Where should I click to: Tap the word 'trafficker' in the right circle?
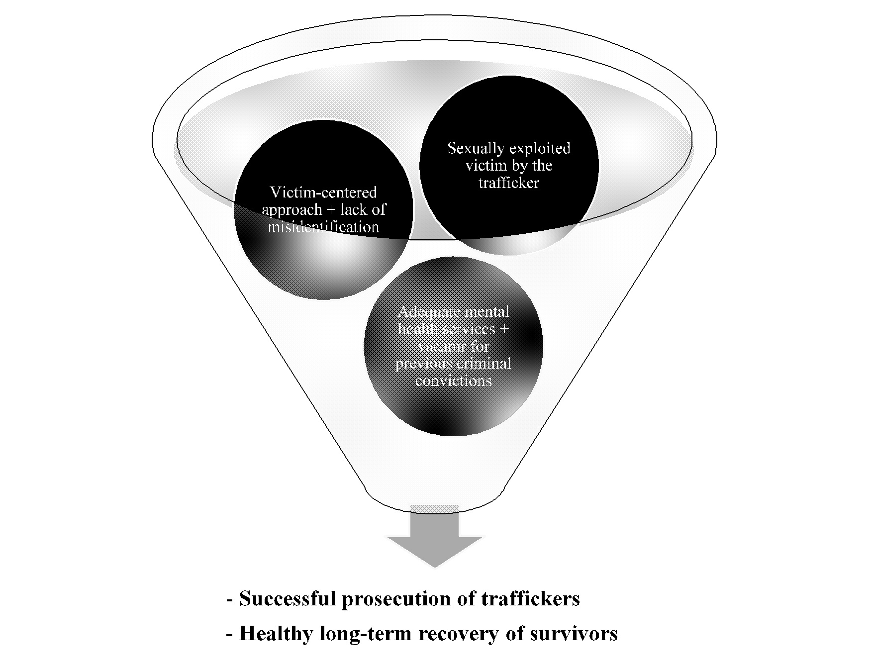coord(509,183)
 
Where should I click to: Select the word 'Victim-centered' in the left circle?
coord(323,192)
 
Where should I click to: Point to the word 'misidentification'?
coord(323,227)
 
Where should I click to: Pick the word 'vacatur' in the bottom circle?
coord(438,346)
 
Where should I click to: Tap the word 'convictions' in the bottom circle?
coord(453,381)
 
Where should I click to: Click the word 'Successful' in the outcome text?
coord(287,598)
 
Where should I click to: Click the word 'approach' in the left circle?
coord(292,210)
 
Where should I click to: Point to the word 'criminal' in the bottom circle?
coord(486,364)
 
